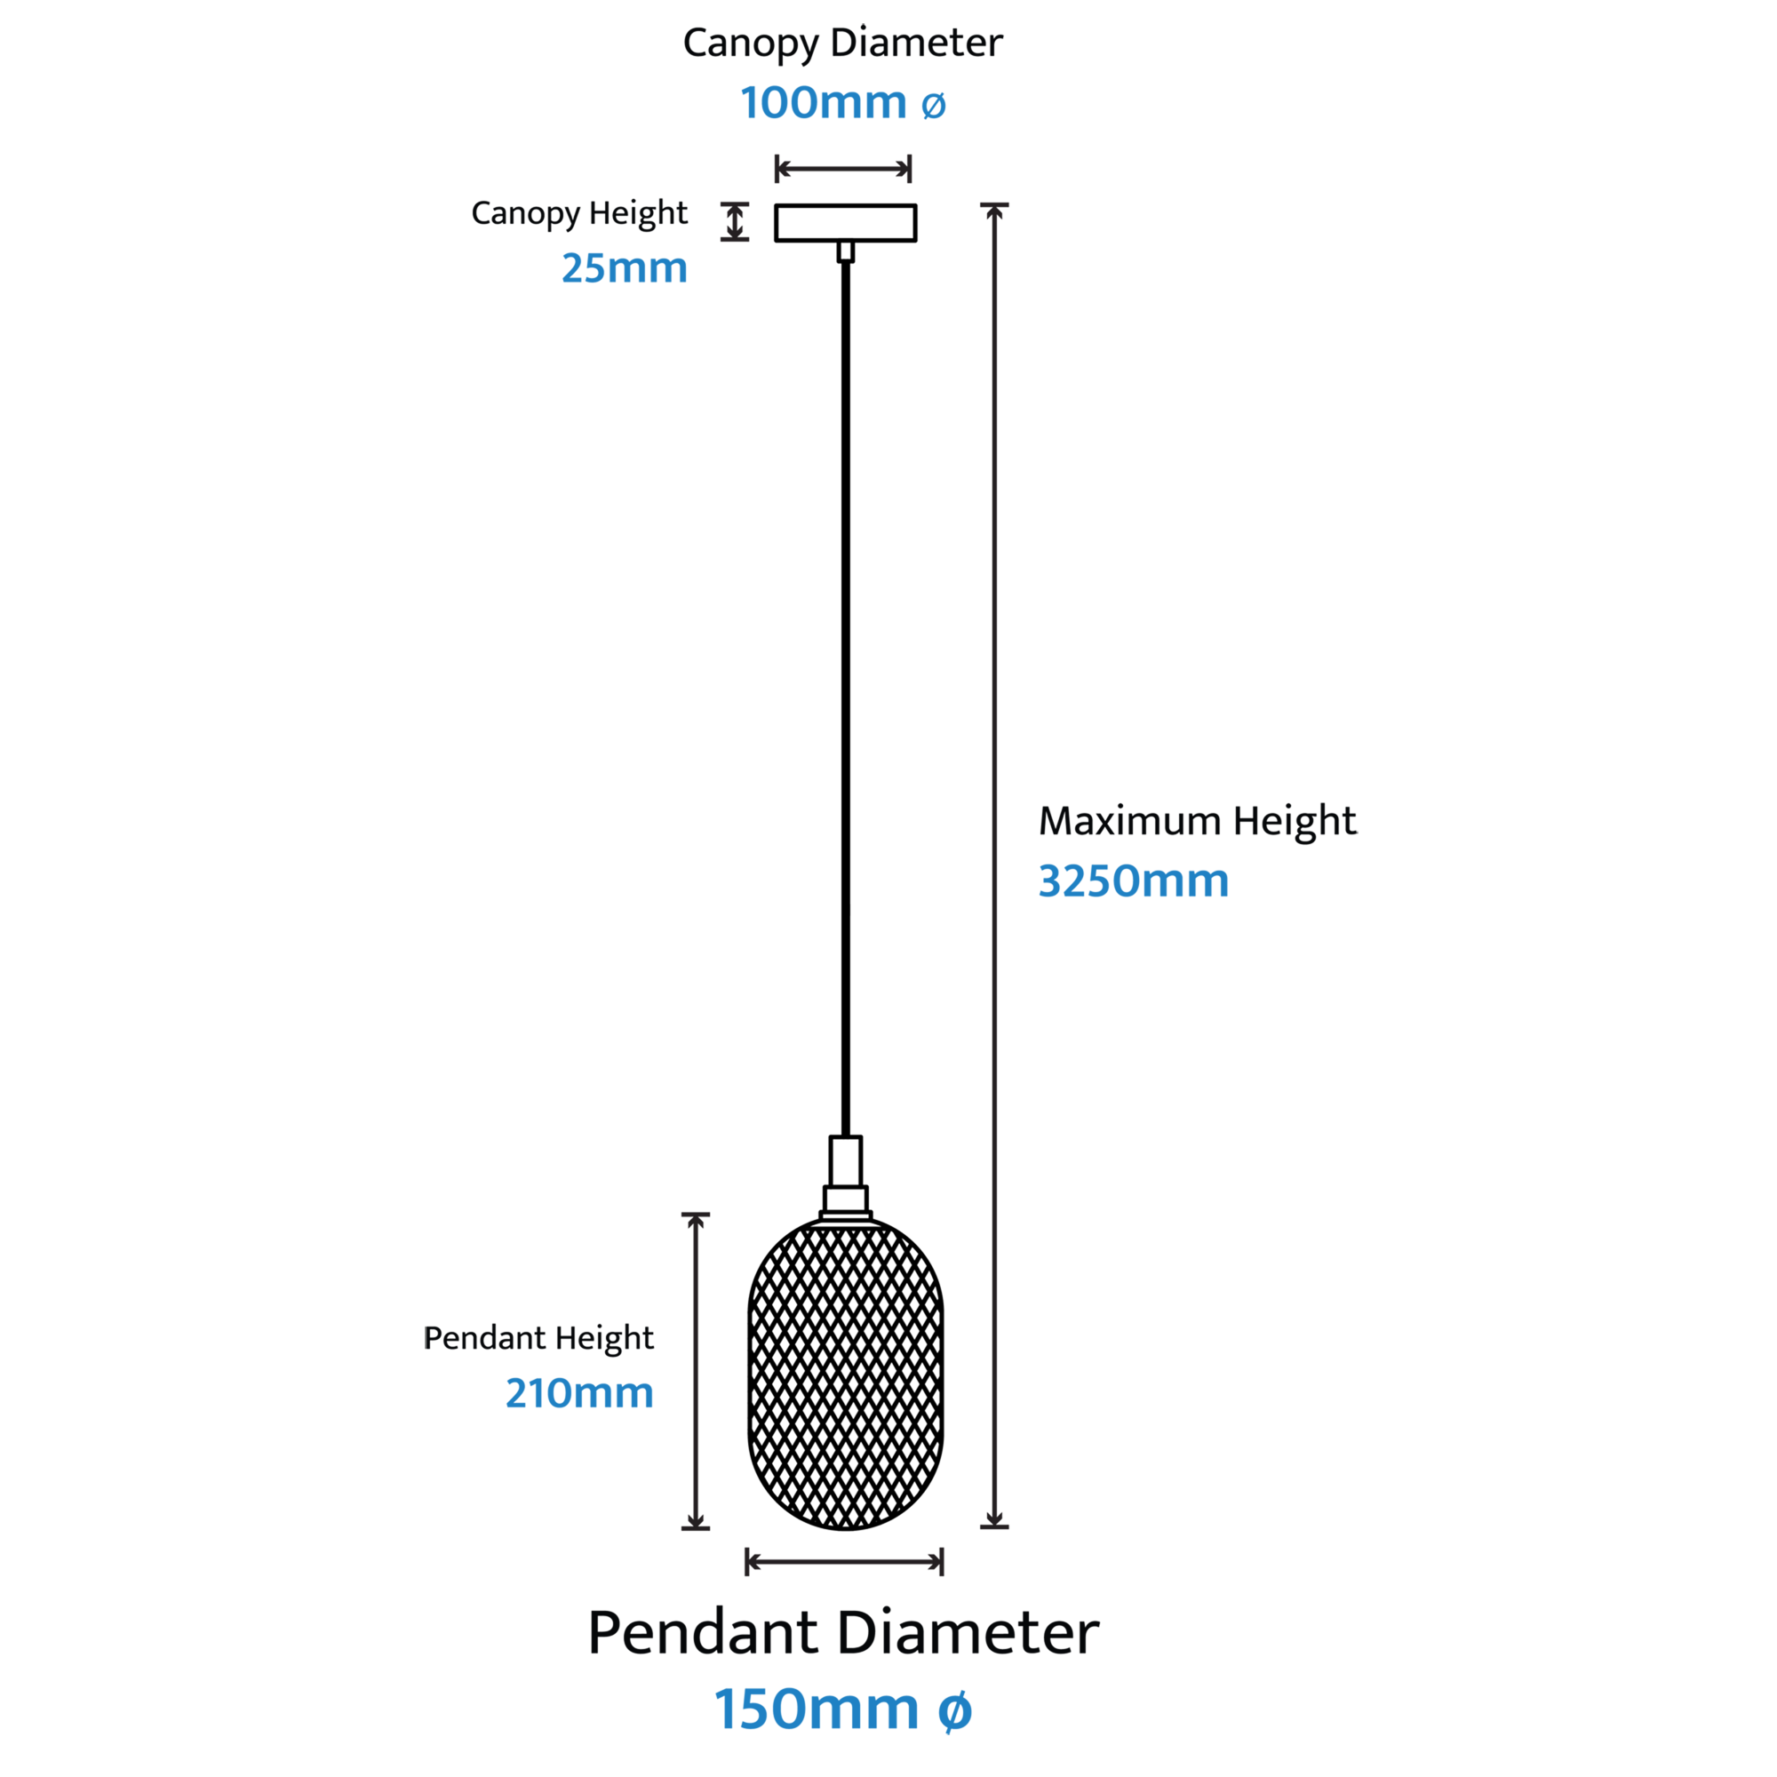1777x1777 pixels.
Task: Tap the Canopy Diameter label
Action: click(842, 44)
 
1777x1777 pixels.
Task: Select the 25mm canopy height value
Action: click(625, 267)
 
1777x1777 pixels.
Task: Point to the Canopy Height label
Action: click(578, 213)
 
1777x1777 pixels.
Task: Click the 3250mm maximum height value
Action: click(1133, 881)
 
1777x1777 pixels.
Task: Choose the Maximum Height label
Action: click(1198, 820)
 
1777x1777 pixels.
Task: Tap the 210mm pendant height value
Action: click(579, 1392)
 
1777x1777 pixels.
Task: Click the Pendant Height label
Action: click(538, 1337)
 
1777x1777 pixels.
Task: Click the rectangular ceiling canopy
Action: click(845, 223)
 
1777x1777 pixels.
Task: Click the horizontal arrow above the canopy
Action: click(843, 169)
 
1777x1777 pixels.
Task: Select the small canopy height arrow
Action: click(734, 221)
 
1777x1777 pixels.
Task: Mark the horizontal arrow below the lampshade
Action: click(844, 1561)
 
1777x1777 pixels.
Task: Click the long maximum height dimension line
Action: click(994, 865)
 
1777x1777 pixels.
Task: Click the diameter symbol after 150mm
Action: click(955, 1710)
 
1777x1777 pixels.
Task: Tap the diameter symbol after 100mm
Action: click(934, 106)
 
